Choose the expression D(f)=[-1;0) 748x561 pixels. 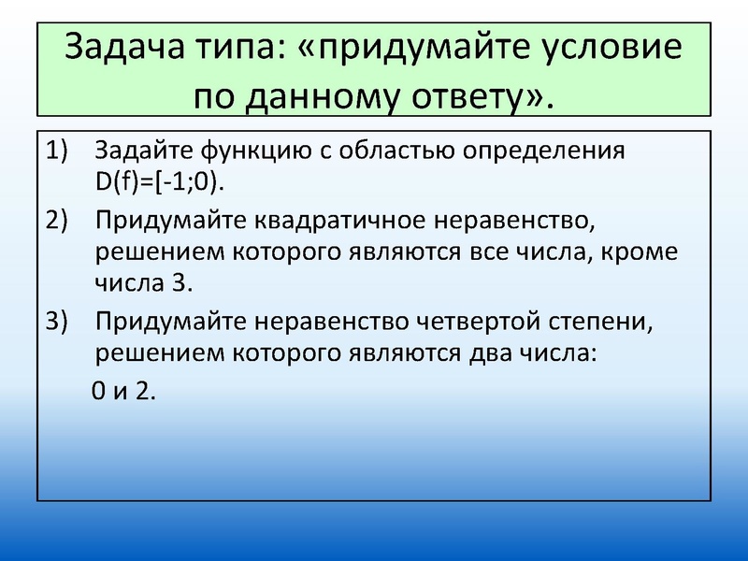[x=160, y=180]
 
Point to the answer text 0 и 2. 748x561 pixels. [x=122, y=391]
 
